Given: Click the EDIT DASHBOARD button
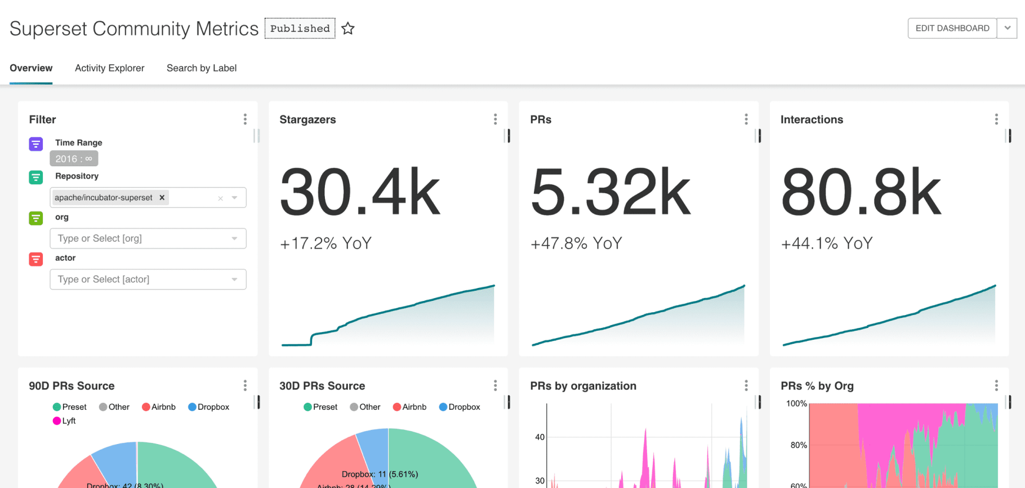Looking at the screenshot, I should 952,28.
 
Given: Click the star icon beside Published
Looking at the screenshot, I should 348,28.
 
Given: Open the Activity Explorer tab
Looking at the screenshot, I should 109,68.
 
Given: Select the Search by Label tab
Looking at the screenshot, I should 201,68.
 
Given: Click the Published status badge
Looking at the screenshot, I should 300,28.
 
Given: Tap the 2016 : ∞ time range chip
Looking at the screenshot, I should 74,159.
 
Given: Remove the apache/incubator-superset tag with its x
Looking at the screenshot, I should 162,197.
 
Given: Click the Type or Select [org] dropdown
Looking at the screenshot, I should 148,238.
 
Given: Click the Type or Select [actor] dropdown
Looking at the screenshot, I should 148,280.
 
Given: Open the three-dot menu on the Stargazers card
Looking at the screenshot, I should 495,119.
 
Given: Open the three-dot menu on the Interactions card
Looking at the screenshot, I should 996,119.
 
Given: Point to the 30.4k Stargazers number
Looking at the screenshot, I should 360,192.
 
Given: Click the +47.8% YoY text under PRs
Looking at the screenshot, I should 576,243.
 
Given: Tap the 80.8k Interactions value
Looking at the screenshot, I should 861,192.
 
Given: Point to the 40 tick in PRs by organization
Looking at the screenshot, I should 540,437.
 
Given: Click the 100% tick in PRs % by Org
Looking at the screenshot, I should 796,403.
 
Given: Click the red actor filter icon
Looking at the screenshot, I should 36,259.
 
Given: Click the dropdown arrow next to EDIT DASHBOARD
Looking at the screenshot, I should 1007,28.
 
